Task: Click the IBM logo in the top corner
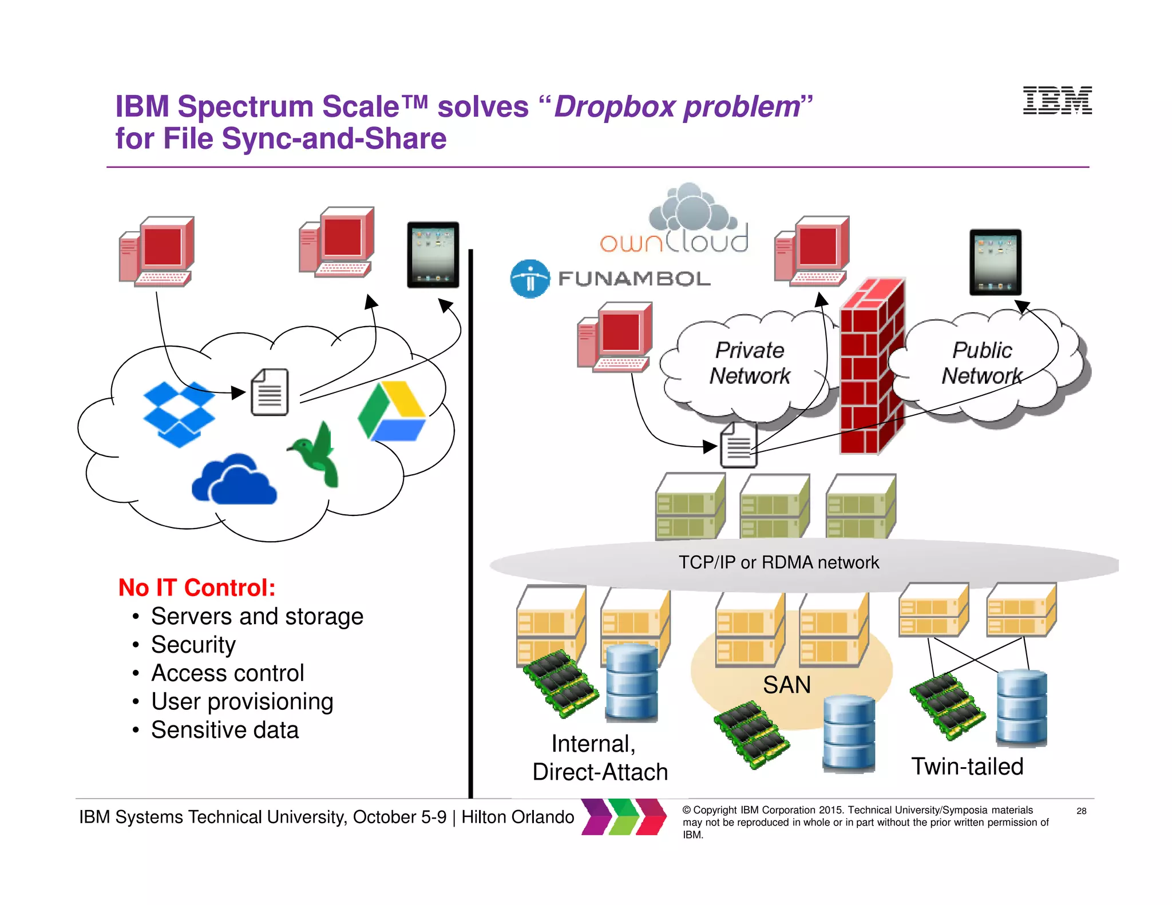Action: [1057, 101]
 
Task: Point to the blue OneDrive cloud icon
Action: [235, 481]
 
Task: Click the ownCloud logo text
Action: [674, 241]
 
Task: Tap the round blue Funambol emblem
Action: [530, 279]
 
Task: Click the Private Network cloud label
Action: [749, 363]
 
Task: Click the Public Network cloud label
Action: [982, 363]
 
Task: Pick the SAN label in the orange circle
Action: [787, 685]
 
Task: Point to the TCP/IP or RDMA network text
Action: [778, 562]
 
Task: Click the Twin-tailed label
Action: [967, 767]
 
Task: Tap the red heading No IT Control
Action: [197, 588]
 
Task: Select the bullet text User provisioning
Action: [242, 701]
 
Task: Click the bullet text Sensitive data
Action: [225, 730]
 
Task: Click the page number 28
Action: [1081, 811]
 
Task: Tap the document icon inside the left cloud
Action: [270, 392]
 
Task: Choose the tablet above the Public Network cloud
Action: [995, 262]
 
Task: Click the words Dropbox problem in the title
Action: [676, 107]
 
